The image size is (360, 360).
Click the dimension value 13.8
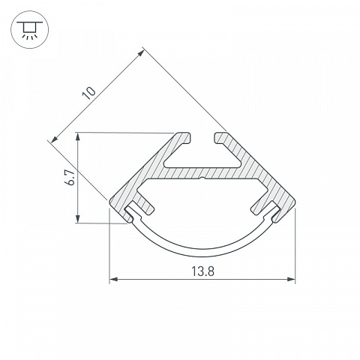coord(202,271)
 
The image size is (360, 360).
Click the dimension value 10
coord(89,93)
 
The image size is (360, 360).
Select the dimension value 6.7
coord(70,178)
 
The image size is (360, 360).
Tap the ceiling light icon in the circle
coord(30,30)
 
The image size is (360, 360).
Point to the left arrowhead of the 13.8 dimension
coord(113,279)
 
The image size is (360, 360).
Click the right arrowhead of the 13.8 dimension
coord(292,279)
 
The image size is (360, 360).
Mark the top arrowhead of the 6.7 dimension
coord(78,137)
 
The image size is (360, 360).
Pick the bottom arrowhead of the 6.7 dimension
coord(78,218)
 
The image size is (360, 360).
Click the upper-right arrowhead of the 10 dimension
coord(142,52)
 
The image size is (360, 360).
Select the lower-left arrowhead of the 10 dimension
coord(54,139)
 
